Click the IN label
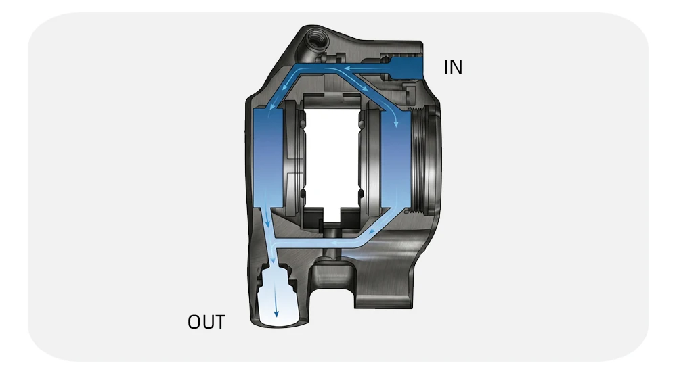coord(453,67)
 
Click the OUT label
coord(206,322)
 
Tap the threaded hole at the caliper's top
coord(315,39)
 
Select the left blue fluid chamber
coord(267,158)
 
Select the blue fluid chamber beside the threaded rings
coord(396,160)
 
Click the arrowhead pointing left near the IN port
coord(347,68)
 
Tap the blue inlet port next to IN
coord(406,68)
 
